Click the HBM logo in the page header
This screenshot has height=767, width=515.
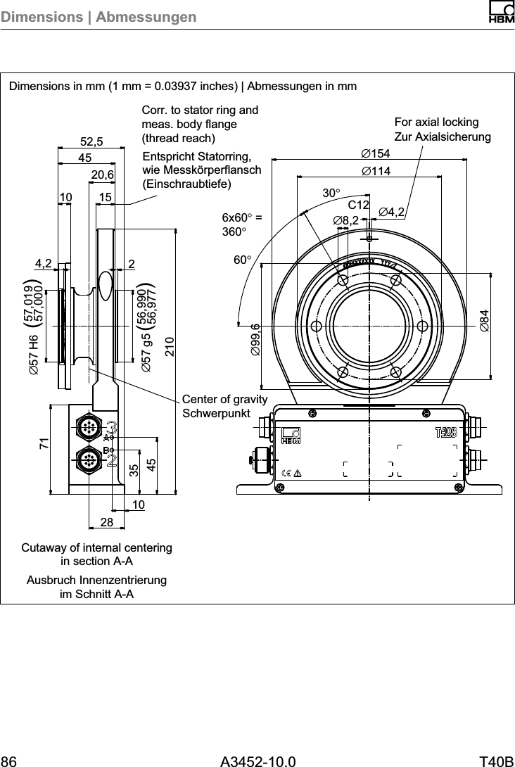[x=500, y=13]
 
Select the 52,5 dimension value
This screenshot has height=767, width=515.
[x=91, y=141]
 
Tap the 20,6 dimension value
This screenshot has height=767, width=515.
[x=103, y=173]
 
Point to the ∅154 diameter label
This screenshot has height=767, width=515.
[x=375, y=154]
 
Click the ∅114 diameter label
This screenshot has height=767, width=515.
[x=375, y=171]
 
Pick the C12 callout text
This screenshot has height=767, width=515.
[x=359, y=205]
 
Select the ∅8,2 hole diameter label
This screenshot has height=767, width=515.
[x=346, y=221]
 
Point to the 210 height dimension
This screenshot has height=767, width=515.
[x=170, y=348]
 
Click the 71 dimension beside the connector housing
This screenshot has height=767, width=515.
[x=44, y=443]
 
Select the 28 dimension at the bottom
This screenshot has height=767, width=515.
[x=106, y=522]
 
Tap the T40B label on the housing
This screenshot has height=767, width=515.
[x=446, y=432]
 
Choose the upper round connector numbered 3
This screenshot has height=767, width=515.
[x=90, y=427]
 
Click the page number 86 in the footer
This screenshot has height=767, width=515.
[x=9, y=761]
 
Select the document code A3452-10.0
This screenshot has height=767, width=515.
[x=257, y=761]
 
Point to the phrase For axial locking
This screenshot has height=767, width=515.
[x=437, y=122]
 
